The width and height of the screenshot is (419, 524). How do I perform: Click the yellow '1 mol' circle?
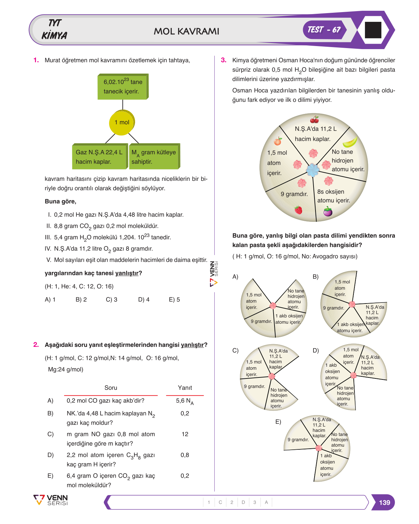pos(122,122)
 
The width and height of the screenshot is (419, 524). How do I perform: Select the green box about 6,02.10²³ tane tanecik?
pos(123,86)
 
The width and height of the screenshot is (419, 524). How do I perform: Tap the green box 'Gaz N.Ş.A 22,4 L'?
pos(100,156)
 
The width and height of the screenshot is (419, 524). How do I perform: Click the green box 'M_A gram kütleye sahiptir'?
pos(154,156)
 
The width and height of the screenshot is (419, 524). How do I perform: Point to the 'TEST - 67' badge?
pos(324,30)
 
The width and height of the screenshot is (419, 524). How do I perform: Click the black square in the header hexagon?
pos(373,30)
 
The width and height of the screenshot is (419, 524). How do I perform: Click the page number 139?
pos(384,502)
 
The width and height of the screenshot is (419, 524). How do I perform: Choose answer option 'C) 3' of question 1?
pos(111,299)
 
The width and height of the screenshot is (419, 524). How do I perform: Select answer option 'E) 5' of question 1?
pos(174,299)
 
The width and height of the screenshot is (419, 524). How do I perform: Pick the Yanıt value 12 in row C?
pos(185,434)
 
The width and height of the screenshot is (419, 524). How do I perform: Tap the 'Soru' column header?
pos(111,388)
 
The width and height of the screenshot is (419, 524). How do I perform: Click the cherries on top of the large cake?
pos(314,119)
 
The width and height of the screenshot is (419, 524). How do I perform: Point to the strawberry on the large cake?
pos(298,210)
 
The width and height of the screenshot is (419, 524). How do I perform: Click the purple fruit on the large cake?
pos(328,211)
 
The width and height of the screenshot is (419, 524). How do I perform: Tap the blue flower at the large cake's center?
pos(312,170)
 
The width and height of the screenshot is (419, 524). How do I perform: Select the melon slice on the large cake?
pos(350,142)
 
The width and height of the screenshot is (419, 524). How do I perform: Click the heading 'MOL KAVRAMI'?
pos(186,31)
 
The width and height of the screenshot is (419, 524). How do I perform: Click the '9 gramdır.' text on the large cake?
pos(294,194)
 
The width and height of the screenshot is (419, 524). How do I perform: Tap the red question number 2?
pos(36,345)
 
